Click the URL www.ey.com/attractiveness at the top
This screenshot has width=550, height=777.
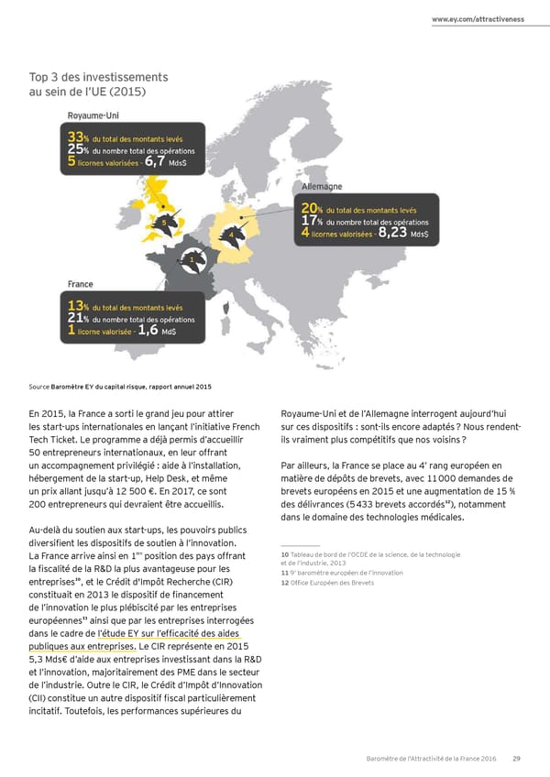pos(478,19)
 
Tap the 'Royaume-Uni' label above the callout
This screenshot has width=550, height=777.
pos(100,115)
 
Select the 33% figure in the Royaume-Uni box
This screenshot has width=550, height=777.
pos(79,137)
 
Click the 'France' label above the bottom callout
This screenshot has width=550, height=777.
pos(85,284)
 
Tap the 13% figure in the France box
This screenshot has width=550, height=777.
pos(79,306)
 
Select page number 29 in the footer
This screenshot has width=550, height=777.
pos(517,758)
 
